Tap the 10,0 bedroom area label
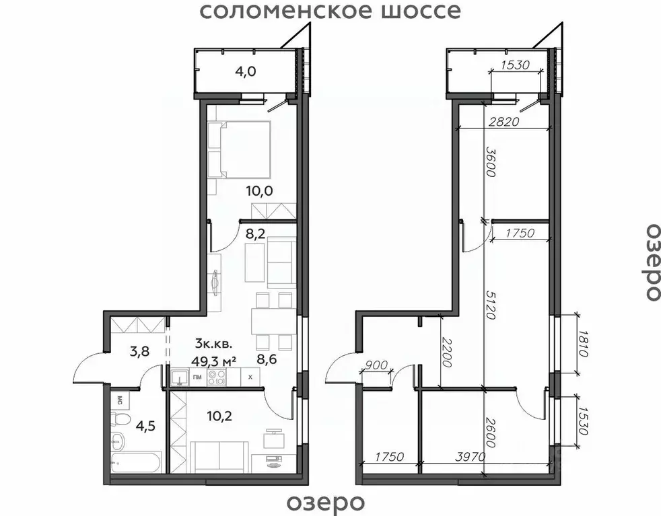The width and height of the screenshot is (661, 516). click(258, 190)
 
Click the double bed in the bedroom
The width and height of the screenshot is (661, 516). click(240, 149)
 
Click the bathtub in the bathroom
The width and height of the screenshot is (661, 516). click(137, 464)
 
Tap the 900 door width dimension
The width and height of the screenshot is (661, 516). click(378, 366)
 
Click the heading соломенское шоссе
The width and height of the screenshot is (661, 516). click(330, 11)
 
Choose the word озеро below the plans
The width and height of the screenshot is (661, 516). click(326, 502)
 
